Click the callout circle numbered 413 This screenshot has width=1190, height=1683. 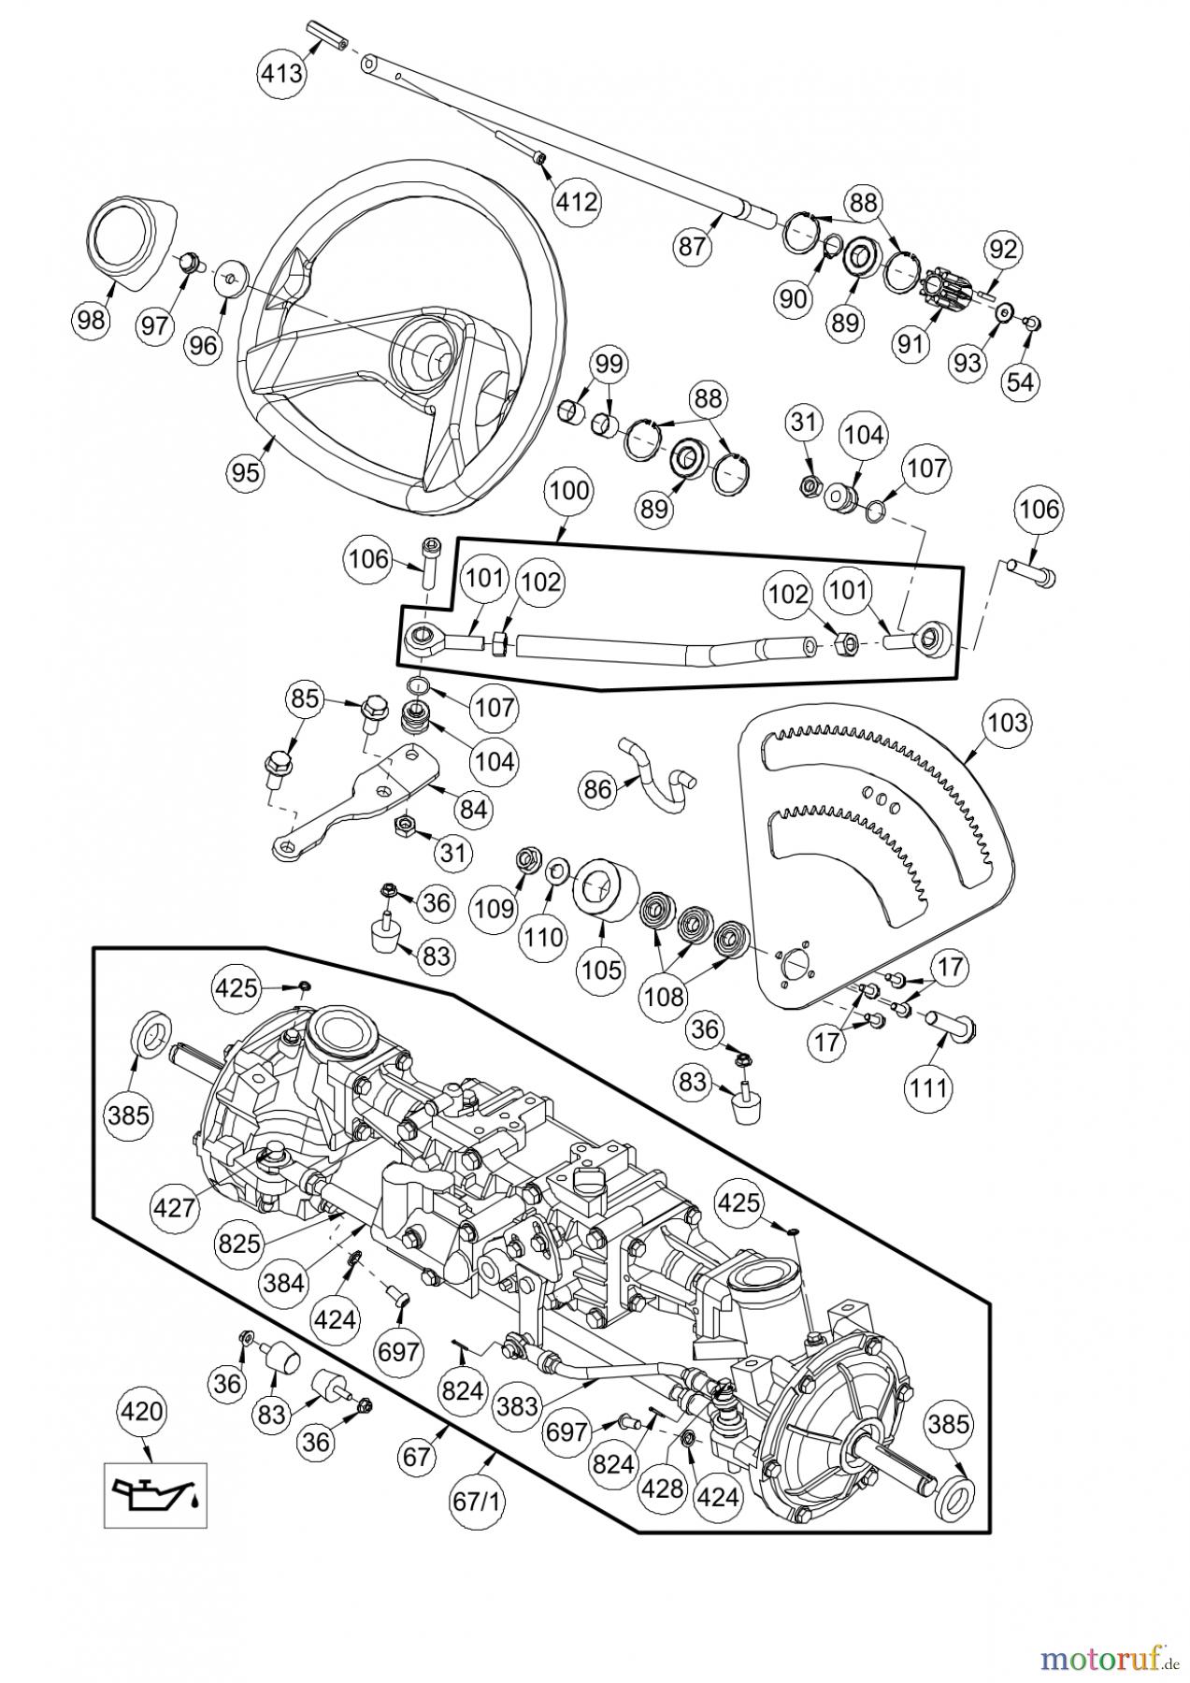[282, 72]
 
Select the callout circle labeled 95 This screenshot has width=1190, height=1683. [246, 471]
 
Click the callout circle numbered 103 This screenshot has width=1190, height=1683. [1006, 722]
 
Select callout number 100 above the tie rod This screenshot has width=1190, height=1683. [569, 491]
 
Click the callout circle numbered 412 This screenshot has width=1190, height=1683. [576, 201]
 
